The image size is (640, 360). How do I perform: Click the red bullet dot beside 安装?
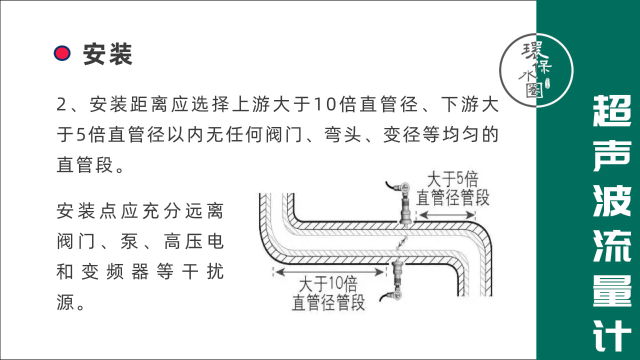click(x=62, y=53)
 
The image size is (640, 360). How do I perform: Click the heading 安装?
click(x=107, y=53)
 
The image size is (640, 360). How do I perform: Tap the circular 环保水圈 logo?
click(x=536, y=69)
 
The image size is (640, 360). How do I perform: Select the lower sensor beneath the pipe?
click(x=398, y=278)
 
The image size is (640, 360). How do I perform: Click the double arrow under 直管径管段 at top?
click(x=446, y=215)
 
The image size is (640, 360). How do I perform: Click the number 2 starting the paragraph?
click(x=61, y=104)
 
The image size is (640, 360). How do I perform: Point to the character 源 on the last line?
click(x=65, y=302)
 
